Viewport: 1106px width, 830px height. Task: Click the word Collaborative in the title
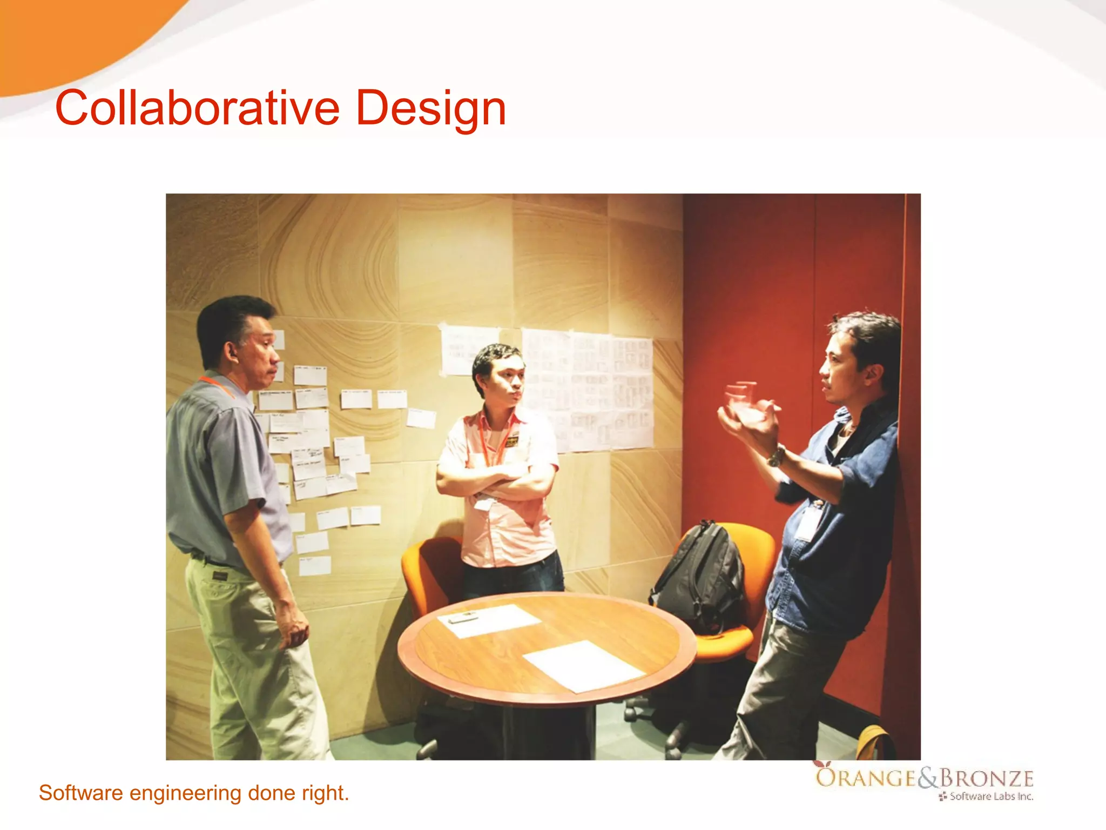point(197,108)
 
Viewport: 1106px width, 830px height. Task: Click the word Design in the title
point(430,108)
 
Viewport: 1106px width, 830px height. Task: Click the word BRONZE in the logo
point(987,778)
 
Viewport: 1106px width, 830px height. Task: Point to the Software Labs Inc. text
point(991,796)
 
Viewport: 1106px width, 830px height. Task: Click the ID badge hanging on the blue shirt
point(808,521)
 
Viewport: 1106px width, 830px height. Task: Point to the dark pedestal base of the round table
point(551,729)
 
